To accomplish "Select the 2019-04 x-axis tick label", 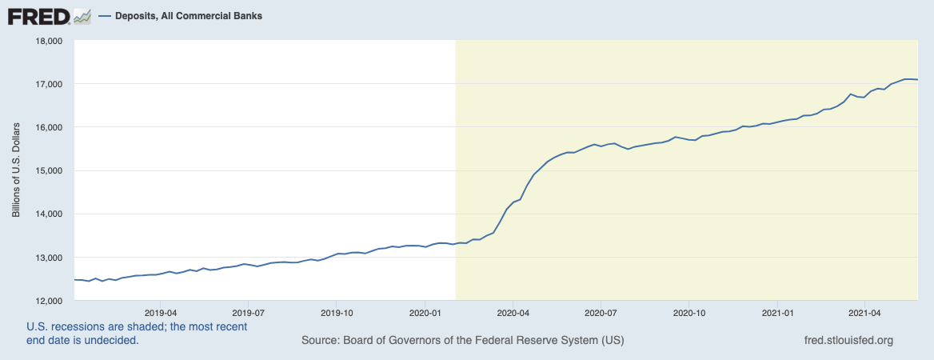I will (x=161, y=312).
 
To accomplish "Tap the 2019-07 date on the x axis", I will (x=249, y=312).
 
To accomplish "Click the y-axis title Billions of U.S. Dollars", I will (x=16, y=170).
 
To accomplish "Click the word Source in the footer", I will (x=319, y=341).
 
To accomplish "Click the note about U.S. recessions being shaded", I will (x=137, y=334).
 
